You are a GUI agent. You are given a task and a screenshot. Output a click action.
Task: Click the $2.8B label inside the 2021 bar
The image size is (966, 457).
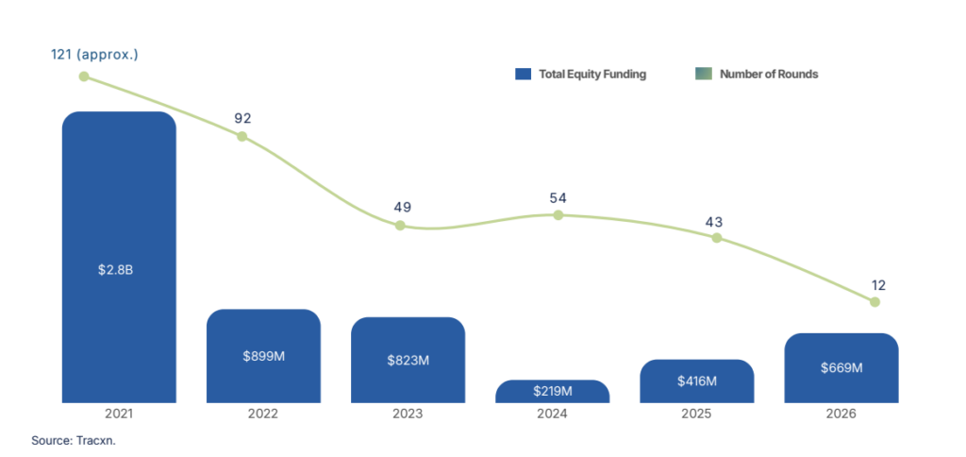pos(115,269)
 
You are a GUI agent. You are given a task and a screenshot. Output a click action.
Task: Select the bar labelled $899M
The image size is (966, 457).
pos(264,356)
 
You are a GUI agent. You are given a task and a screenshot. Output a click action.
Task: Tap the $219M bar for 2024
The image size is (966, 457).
pos(553,391)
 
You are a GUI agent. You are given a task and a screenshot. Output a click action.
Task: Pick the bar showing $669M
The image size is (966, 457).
pos(841,367)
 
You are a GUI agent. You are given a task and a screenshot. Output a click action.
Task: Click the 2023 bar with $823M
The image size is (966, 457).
pos(408,360)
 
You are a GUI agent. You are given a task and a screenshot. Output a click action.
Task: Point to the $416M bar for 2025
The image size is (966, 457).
pos(697,381)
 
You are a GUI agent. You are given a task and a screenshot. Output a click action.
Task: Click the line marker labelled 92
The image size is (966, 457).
pos(242,136)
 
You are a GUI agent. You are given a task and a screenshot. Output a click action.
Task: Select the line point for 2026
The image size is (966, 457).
pos(874,301)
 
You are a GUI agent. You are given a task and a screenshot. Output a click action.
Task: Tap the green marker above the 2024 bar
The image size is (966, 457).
pos(558,214)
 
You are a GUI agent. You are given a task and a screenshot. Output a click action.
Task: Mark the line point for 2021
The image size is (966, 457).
pos(84,76)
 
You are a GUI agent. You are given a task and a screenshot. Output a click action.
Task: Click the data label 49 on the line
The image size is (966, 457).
pos(402,207)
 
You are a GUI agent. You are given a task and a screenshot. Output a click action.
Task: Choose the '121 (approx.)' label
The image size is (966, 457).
pos(94,55)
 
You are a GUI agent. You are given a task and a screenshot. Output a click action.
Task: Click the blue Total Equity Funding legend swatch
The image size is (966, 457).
pos(523,74)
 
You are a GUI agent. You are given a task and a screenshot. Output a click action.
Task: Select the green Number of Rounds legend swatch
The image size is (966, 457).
pos(704,74)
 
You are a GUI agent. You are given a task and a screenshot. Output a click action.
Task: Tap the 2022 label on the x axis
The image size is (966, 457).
pos(263,414)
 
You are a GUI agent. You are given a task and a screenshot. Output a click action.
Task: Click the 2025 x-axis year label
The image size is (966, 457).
pos(697,414)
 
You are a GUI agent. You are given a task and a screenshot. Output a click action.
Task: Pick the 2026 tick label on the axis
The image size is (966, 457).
pos(841,414)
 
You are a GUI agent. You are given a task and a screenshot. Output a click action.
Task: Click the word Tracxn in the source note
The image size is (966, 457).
pos(94,441)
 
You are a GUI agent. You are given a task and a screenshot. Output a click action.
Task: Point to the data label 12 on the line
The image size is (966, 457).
pos(878,285)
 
